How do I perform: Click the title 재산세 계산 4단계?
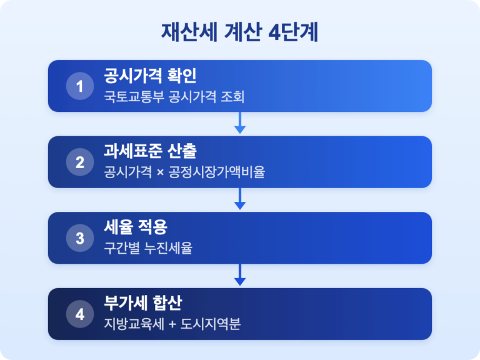[240, 32]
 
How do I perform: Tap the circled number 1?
[80, 86]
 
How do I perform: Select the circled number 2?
[80, 162]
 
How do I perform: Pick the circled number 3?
[80, 238]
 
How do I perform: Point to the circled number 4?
[80, 314]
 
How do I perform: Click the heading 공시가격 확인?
[150, 76]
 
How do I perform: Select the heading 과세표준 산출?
[150, 151]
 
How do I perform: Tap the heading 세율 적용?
[136, 227]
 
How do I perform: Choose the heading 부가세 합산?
[143, 303]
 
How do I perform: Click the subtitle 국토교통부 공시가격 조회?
[174, 97]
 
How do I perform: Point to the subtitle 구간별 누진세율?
[148, 247]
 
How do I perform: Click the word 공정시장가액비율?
[216, 172]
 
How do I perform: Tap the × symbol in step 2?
[160, 172]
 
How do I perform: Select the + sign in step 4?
[172, 324]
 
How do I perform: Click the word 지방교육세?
[134, 324]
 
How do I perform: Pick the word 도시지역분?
[210, 324]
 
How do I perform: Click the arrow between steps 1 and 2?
[240, 122]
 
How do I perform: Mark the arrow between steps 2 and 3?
[240, 199]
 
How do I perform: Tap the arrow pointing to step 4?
[240, 274]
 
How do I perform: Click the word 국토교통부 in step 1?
[134, 97]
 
